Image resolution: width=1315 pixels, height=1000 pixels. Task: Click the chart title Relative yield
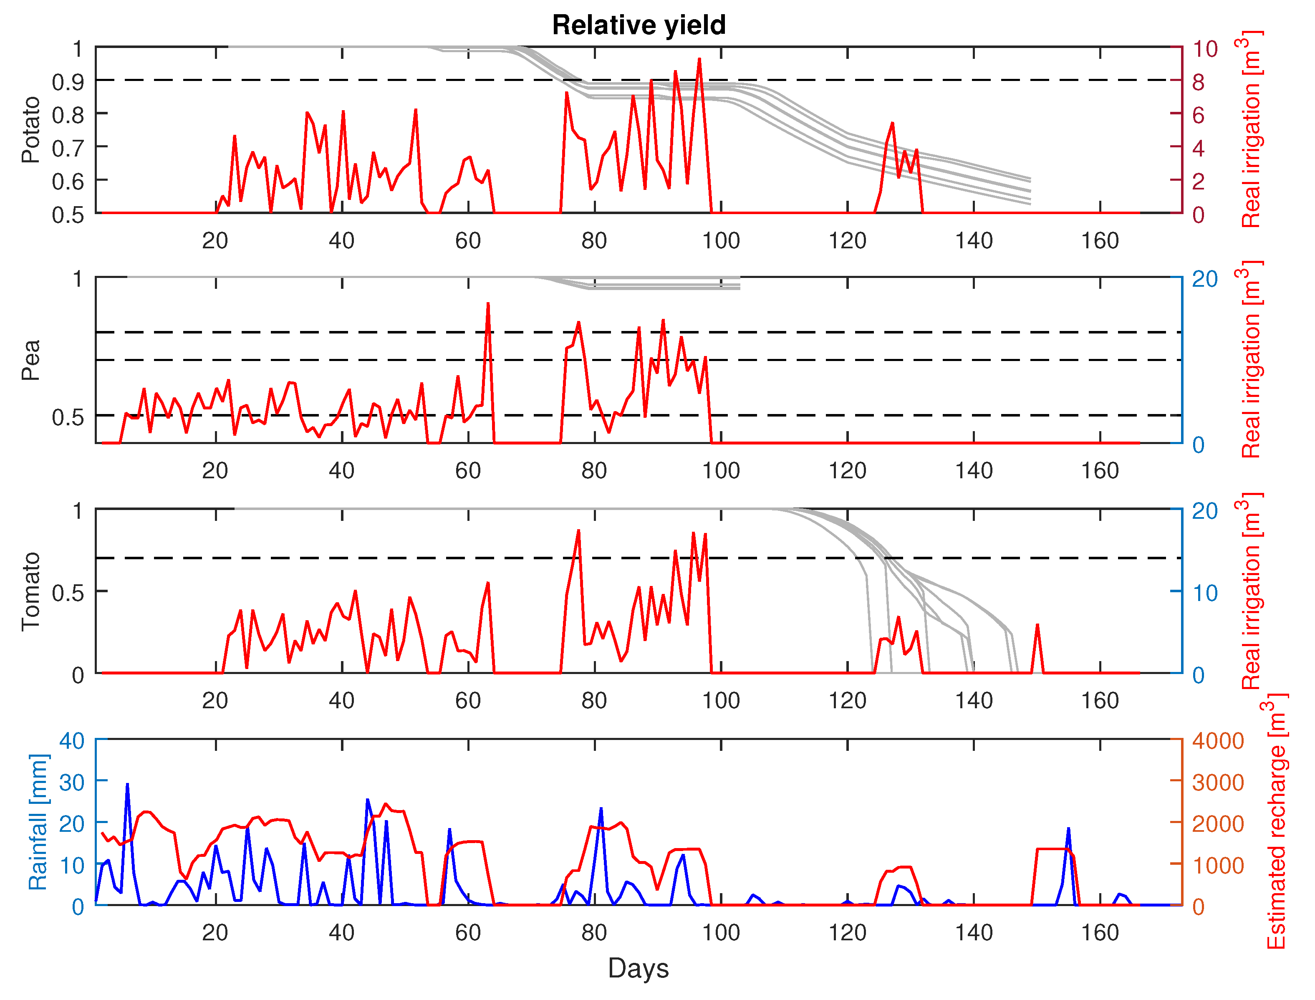[x=639, y=25]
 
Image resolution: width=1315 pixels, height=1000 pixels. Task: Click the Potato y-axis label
[x=30, y=130]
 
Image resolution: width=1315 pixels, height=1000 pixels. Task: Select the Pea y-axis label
[x=30, y=360]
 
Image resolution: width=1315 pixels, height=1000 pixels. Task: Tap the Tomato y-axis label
[x=30, y=591]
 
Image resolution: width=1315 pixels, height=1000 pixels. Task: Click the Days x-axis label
[x=639, y=968]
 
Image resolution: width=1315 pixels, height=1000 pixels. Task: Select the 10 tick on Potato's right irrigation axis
[x=1205, y=49]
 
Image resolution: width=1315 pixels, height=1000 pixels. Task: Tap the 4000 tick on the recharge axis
[x=1218, y=741]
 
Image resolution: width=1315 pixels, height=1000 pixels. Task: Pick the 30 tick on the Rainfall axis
[x=71, y=782]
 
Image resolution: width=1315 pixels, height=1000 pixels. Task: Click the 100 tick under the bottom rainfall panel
[x=721, y=933]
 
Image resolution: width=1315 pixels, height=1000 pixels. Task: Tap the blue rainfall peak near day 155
[x=1069, y=828]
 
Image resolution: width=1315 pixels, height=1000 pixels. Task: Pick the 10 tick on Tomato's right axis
[x=1205, y=593]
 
